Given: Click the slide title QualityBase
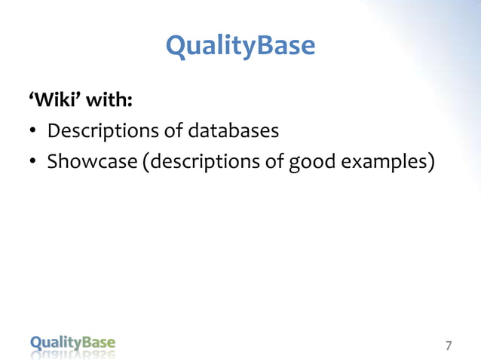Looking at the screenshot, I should pyautogui.click(x=240, y=47).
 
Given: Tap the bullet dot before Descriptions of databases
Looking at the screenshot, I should pyautogui.click(x=33, y=133).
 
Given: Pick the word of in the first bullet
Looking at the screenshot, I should pyautogui.click(x=173, y=131).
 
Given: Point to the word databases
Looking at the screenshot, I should pyautogui.click(x=233, y=131).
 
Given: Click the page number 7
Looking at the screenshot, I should pyautogui.click(x=449, y=346).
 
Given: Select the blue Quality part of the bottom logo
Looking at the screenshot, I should pyautogui.click(x=55, y=343).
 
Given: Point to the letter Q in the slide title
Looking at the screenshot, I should pyautogui.click(x=176, y=47).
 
